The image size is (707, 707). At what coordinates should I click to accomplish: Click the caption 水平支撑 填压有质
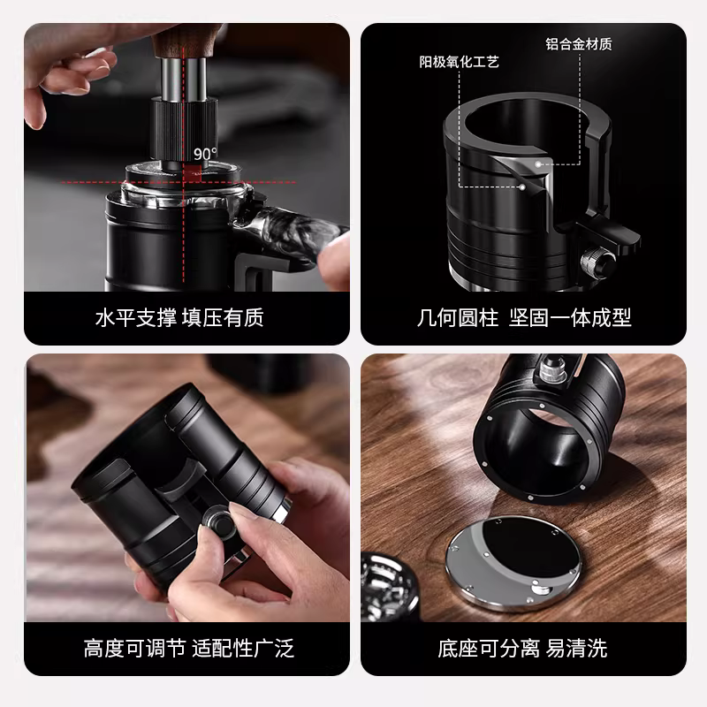pyautogui.click(x=179, y=317)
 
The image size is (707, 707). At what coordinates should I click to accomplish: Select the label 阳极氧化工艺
pyautogui.click(x=459, y=62)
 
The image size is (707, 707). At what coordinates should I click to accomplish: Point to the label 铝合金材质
pyautogui.click(x=579, y=43)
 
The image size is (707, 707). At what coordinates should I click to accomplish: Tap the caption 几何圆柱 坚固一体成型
pyautogui.click(x=524, y=317)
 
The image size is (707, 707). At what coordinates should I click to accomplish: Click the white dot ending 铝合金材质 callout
pyautogui.click(x=540, y=163)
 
